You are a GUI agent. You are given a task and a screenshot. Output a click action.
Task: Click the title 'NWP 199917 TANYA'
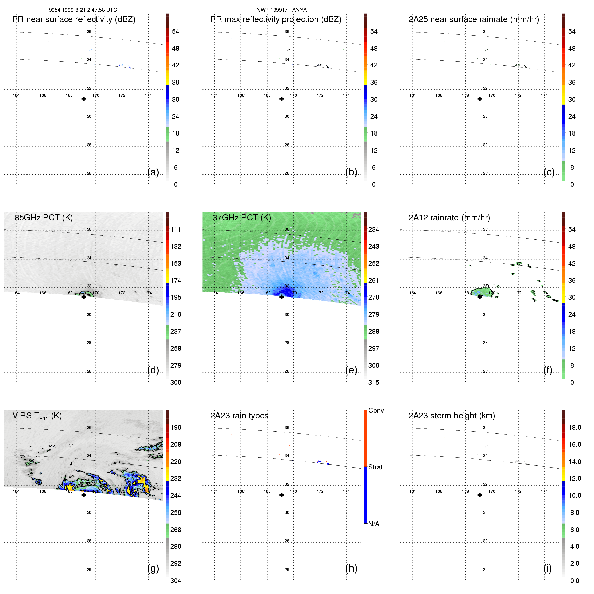281,10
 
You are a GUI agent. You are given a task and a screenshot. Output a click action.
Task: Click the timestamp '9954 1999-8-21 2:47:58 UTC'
83,10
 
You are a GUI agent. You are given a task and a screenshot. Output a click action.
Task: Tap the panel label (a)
153,172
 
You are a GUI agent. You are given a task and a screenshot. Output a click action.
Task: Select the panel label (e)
351,370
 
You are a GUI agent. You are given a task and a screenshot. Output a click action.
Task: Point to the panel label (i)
547,568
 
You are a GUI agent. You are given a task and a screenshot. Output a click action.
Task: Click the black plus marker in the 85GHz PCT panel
84,297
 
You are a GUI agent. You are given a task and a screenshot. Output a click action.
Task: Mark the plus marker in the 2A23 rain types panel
282,495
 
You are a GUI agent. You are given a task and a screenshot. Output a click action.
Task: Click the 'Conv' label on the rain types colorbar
376,410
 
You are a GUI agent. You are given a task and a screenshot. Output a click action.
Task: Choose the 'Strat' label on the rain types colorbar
375,467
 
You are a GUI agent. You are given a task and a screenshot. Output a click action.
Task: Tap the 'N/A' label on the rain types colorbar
374,524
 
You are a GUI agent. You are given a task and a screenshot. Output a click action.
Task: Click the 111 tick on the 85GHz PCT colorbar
176,229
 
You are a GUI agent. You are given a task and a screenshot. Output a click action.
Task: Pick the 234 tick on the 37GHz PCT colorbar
374,229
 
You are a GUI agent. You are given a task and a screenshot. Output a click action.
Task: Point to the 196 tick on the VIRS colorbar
176,427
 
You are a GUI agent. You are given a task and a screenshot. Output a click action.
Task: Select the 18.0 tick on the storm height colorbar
574,427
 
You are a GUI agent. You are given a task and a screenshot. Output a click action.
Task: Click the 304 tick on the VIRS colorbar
176,581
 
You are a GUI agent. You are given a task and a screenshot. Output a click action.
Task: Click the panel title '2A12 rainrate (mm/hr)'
449,218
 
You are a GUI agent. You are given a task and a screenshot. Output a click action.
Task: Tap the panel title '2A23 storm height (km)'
451,416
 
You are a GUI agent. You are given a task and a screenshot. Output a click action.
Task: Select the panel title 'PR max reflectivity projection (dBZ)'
276,19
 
